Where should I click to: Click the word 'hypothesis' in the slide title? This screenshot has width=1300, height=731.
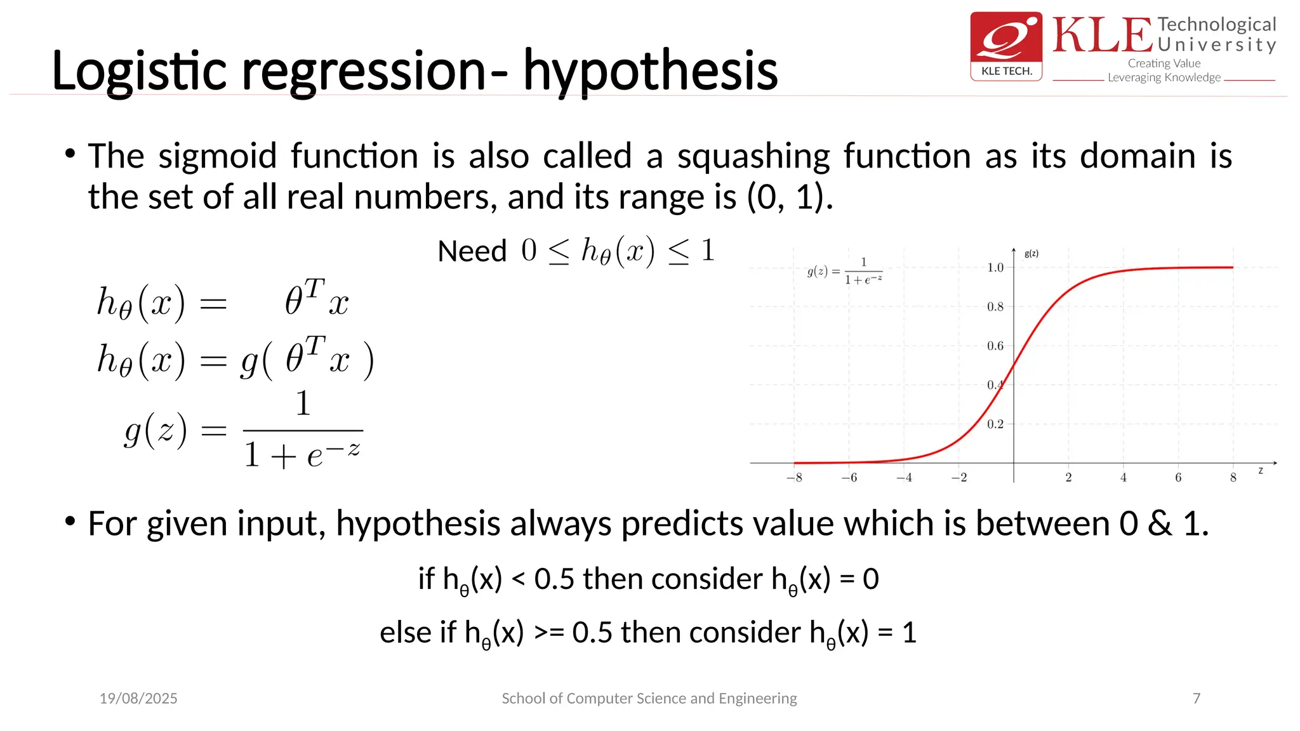click(x=650, y=71)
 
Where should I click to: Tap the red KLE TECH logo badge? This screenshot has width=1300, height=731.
click(x=1006, y=46)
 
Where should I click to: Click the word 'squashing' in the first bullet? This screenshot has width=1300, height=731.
click(x=753, y=156)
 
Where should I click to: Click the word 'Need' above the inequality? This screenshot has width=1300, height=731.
click(x=472, y=251)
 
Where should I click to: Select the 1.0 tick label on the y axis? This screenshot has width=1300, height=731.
click(x=995, y=268)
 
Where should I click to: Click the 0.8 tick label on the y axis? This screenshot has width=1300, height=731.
click(x=995, y=307)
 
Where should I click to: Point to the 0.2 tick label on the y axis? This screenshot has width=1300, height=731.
click(x=995, y=424)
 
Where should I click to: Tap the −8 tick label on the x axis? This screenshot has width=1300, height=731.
click(x=794, y=478)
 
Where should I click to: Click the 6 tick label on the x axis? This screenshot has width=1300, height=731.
click(x=1178, y=478)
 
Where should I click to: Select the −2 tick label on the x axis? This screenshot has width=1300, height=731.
click(x=959, y=478)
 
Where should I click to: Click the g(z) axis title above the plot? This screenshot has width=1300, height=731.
click(x=1031, y=254)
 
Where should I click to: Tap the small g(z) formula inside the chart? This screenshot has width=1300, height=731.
click(x=845, y=272)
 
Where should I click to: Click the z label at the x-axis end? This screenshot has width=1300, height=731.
click(x=1261, y=470)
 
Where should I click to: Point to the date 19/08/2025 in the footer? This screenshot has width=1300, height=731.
click(x=138, y=699)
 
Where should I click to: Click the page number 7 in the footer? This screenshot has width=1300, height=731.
click(x=1197, y=699)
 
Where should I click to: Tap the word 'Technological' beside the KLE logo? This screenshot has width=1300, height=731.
click(x=1216, y=25)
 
